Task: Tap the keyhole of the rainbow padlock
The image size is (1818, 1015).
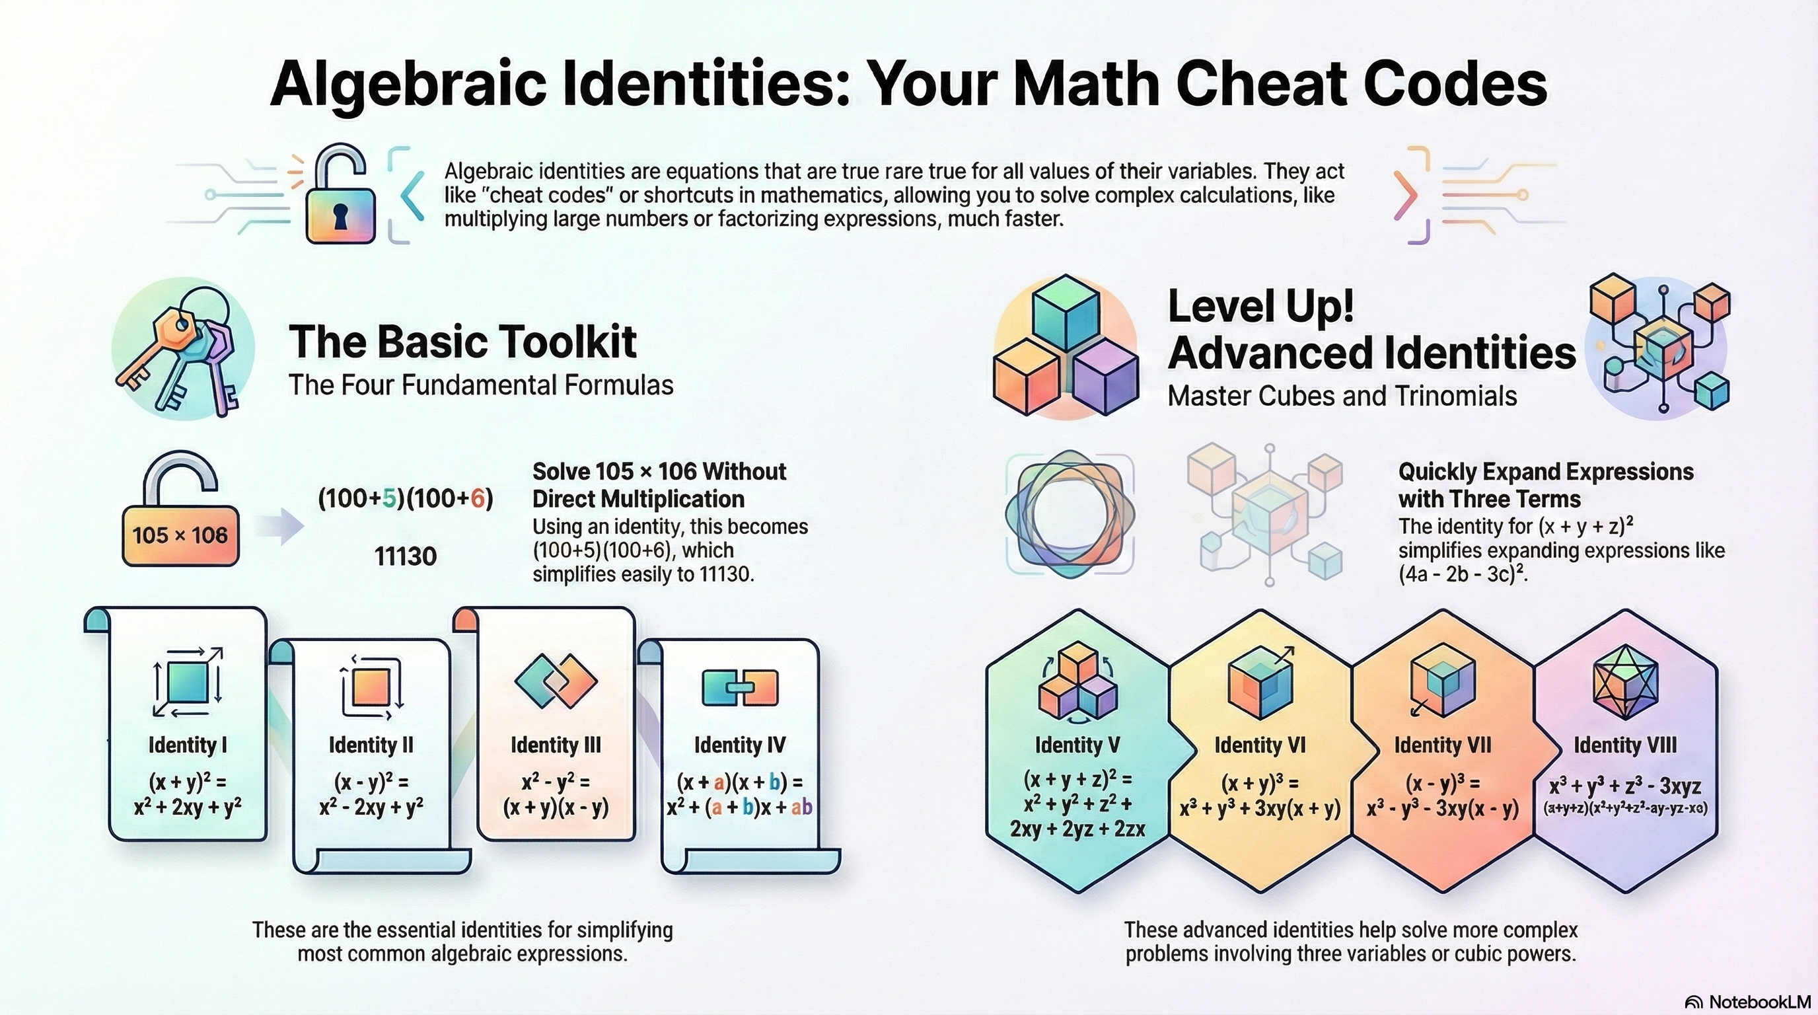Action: [340, 217]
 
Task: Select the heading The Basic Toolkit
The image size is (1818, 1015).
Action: [462, 342]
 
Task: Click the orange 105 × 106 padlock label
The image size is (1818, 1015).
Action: [180, 535]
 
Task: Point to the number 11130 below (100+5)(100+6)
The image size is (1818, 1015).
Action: [405, 556]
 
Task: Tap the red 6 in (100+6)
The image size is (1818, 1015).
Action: [478, 499]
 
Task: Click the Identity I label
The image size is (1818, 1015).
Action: [187, 745]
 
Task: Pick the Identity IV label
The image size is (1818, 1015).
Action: [739, 745]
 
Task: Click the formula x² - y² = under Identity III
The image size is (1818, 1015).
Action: [556, 782]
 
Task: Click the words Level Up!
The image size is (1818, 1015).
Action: [1260, 307]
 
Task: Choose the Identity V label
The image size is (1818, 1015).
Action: [1077, 745]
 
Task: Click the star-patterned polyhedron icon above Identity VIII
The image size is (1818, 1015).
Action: [1625, 682]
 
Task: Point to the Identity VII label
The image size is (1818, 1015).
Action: [1443, 745]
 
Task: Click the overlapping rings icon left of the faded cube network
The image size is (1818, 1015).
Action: [1070, 512]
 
